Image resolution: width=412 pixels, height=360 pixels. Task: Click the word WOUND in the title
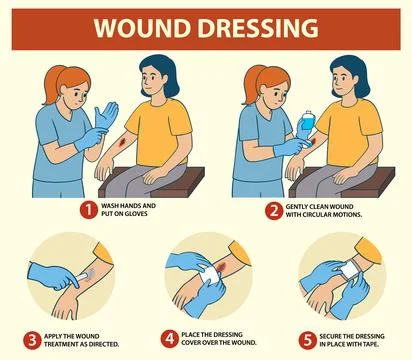(x=141, y=28)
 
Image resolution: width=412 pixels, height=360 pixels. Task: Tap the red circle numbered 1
(x=87, y=211)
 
